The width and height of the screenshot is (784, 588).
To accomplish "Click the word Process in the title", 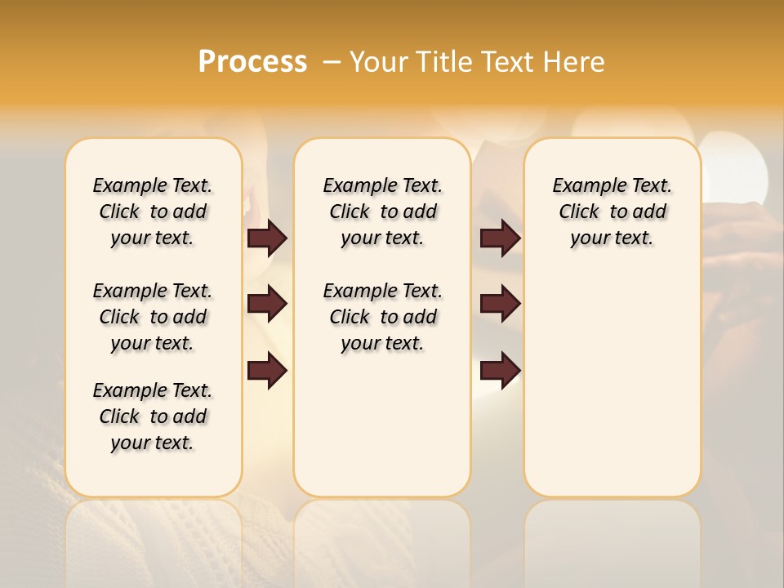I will pos(252,62).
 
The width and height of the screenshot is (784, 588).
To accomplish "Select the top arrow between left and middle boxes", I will pos(267,238).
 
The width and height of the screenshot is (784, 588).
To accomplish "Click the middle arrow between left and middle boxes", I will pos(267,304).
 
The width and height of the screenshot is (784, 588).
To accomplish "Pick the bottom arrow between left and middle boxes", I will pos(267,371).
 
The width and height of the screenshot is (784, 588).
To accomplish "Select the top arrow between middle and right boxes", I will pos(500,238).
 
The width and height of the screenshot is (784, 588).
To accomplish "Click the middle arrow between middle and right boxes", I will pos(500,304).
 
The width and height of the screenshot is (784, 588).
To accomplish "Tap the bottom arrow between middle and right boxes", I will pos(500,371).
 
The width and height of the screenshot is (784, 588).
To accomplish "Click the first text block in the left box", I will pos(153,212).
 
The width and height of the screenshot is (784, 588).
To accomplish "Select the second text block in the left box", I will pos(153,317).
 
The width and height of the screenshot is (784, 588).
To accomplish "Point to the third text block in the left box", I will pos(153,416).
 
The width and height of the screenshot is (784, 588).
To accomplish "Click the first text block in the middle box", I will pos(382,212).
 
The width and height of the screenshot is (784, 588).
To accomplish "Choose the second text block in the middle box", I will pos(382,317).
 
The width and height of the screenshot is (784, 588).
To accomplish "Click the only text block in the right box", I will pos(612,212).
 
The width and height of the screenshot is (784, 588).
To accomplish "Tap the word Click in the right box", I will pos(579,212).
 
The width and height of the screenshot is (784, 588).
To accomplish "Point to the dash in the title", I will pos(331,62).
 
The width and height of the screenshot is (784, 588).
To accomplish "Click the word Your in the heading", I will pos(378,62).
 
